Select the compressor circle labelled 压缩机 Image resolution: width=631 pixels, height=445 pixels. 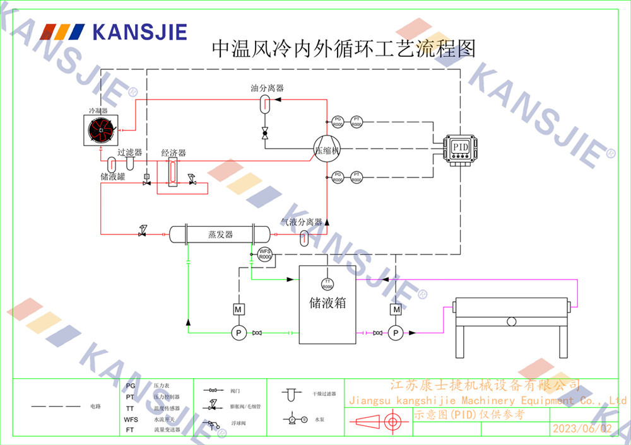point(327,151)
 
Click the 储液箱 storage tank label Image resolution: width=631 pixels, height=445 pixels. point(327,303)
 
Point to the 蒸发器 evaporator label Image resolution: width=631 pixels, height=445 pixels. point(220,234)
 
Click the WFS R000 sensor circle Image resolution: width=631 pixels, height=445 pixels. point(265,255)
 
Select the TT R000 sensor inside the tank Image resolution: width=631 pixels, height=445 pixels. point(327,283)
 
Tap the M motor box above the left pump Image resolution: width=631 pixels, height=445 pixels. point(239,309)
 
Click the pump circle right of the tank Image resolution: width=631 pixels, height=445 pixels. point(396,333)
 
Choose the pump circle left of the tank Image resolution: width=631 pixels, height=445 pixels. point(239,333)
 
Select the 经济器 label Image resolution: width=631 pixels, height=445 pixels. point(174,153)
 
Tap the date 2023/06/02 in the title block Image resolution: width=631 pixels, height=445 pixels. point(582,429)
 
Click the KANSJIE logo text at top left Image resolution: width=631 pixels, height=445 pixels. point(139,32)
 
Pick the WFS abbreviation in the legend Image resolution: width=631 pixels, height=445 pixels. point(131,419)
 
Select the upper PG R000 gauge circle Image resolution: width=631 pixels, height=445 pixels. point(338,121)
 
